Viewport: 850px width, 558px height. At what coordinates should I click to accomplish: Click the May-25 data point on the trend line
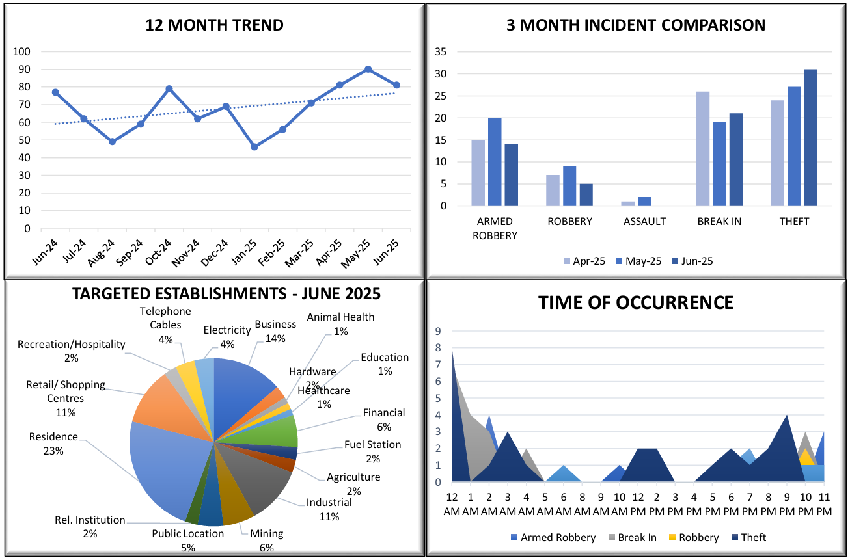pos(368,69)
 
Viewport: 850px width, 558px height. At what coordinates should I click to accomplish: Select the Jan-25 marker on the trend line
pos(254,147)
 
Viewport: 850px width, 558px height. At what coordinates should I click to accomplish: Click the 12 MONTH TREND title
pos(214,25)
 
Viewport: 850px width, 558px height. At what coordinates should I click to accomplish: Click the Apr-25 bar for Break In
pos(702,149)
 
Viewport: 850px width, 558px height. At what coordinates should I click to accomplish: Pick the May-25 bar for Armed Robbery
pos(495,162)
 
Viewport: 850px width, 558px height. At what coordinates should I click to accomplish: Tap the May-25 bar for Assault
pos(644,202)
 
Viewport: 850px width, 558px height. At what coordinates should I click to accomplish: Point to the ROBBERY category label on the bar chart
pos(569,221)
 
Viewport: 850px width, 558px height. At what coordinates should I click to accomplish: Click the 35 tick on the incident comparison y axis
pos(441,51)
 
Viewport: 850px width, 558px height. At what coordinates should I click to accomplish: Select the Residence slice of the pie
pos(163,468)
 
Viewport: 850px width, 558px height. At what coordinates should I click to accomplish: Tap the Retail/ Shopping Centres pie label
pos(65,398)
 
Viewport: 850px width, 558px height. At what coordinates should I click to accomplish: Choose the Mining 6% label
pos(267,540)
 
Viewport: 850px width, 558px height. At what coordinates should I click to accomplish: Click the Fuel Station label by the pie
pos(372,451)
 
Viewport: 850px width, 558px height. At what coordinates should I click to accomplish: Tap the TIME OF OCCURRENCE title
pos(635,302)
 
